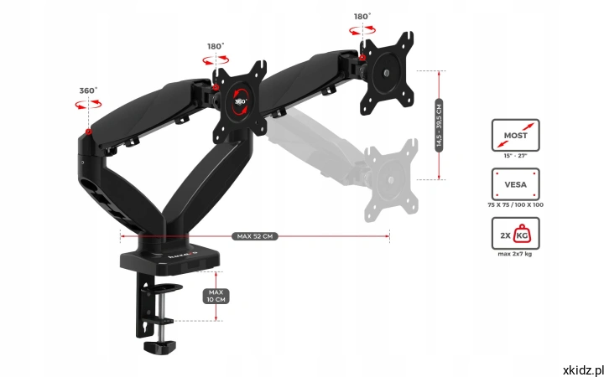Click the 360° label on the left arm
[88, 90]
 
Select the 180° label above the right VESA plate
[362, 15]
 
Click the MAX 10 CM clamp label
[216, 295]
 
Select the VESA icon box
[515, 184]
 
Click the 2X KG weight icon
[515, 234]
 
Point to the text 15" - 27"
[515, 155]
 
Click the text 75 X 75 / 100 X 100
[515, 204]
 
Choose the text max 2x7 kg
[515, 253]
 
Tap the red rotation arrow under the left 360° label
[82, 105]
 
